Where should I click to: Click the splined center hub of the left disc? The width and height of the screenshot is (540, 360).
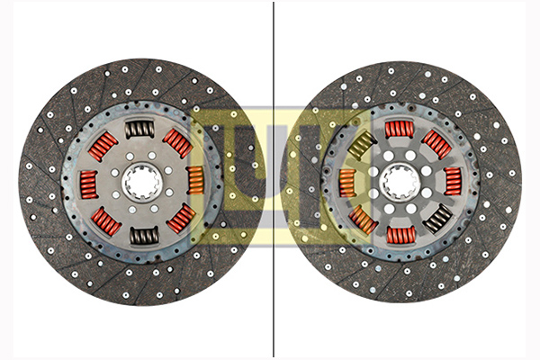tap(142, 182)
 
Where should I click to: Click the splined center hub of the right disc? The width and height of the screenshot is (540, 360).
tap(400, 182)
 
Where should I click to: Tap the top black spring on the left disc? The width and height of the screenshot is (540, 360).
tap(139, 130)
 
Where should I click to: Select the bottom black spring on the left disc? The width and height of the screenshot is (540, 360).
tap(144, 236)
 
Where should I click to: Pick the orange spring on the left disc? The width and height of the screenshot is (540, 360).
tap(196, 180)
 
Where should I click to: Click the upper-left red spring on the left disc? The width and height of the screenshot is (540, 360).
tap(103, 147)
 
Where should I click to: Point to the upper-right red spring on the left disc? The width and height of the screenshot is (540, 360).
tap(177, 142)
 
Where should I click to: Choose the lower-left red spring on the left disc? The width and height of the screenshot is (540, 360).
tap(106, 220)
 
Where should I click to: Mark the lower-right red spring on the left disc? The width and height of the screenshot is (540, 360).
tap(181, 219)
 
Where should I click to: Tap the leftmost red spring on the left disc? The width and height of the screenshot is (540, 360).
tap(89, 184)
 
